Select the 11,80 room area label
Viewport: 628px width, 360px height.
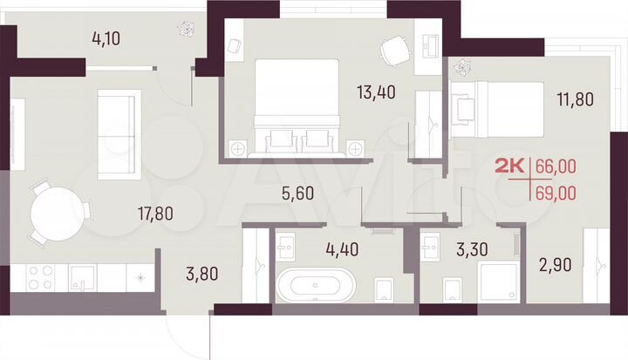click(574, 98)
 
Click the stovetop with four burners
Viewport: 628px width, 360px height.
click(39, 278)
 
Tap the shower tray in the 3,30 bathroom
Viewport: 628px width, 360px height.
click(498, 283)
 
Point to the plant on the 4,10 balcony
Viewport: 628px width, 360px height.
click(186, 29)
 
